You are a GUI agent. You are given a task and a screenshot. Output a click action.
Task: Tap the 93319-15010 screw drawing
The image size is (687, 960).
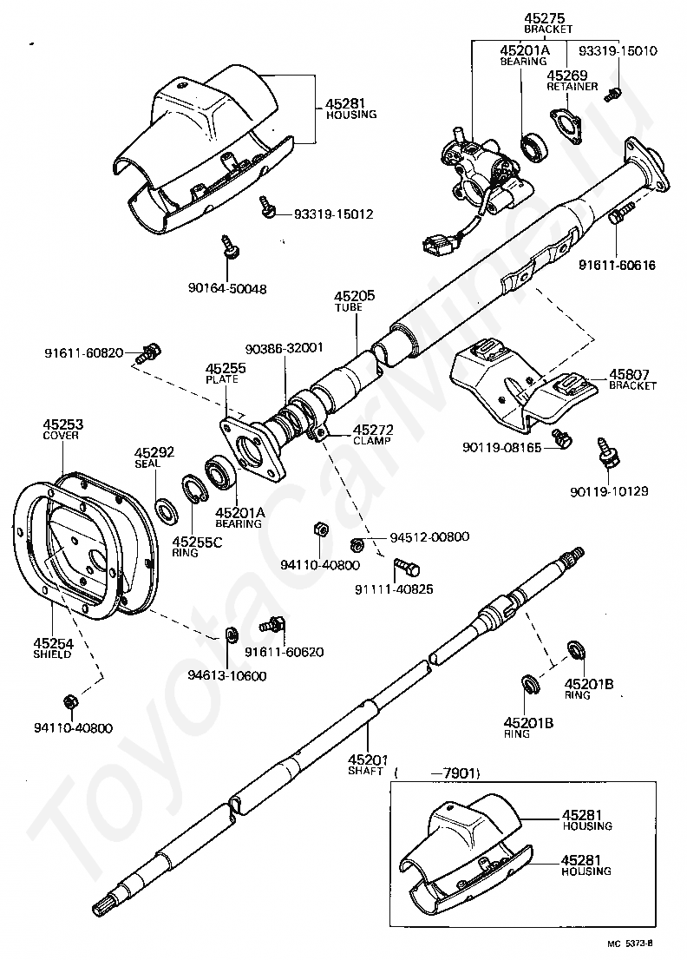[612, 94]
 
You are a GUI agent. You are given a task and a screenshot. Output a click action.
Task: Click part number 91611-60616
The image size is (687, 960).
[617, 265]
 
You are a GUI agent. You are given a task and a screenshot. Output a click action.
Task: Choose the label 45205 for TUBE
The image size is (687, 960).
[355, 296]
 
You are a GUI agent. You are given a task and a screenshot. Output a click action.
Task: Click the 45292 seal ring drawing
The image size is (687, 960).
[165, 510]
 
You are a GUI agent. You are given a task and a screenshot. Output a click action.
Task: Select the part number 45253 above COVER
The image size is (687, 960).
[63, 424]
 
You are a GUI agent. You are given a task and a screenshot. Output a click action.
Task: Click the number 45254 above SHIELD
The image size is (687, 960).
[53, 643]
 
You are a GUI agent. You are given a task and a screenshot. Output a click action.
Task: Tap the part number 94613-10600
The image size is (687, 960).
[226, 676]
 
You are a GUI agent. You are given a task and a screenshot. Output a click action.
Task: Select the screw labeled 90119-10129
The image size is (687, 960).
[607, 452]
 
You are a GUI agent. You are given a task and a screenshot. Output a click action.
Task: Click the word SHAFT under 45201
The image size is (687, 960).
[366, 771]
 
